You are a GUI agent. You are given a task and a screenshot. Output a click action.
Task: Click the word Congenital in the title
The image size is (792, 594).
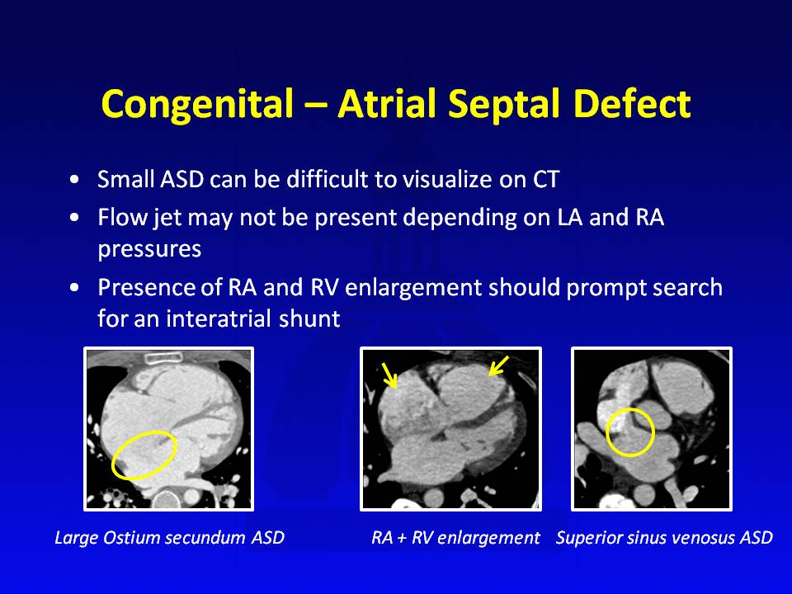[197, 105]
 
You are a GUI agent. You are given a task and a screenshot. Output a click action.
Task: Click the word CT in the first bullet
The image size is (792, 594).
[546, 179]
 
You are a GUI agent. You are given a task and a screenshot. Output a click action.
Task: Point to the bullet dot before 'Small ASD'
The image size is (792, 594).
[75, 180]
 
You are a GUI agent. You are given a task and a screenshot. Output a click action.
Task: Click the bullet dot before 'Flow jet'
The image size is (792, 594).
[75, 218]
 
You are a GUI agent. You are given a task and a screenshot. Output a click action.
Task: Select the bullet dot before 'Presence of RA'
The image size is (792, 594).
[75, 287]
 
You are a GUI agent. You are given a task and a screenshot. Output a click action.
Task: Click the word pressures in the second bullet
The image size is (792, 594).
[149, 249]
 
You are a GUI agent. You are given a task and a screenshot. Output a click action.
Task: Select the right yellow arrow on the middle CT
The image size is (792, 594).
[499, 365]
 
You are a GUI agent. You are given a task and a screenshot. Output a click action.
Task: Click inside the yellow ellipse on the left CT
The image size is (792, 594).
[144, 455]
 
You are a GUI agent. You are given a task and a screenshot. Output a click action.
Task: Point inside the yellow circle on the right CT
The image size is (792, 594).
[629, 432]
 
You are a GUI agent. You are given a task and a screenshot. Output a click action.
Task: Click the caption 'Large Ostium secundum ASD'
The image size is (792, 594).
[170, 537]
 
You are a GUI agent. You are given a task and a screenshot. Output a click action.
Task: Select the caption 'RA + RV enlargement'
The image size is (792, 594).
[455, 538]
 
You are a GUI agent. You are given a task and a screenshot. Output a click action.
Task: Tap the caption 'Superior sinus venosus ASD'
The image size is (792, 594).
[664, 537]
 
